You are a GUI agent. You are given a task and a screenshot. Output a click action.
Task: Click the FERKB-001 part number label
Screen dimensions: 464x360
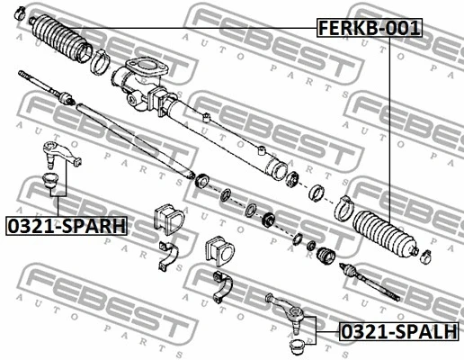pos(370,28)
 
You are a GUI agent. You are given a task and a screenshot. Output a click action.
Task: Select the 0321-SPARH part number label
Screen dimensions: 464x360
pos(67,226)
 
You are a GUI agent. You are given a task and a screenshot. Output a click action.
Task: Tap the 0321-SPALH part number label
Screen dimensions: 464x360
pos(399,331)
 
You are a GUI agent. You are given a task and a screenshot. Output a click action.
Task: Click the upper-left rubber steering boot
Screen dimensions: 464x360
pos(62,38)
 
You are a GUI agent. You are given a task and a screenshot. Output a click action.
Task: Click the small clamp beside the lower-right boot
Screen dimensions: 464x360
pos(426,256)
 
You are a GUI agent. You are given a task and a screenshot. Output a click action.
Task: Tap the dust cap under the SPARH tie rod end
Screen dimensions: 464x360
pos(50,180)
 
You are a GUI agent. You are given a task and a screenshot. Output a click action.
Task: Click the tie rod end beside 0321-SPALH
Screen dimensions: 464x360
pos(286,312)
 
